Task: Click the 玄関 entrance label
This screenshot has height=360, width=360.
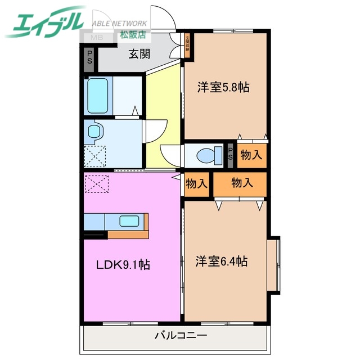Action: [x=139, y=54]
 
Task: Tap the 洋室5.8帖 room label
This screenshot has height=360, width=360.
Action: [x=223, y=87]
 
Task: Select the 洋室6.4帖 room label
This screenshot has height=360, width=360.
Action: [x=222, y=261]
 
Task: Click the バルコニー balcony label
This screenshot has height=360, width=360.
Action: [x=181, y=336]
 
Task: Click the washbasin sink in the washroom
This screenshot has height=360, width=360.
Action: [x=94, y=132]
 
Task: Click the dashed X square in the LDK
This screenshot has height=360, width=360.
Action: [x=95, y=183]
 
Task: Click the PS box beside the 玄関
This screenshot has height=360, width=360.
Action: [x=89, y=60]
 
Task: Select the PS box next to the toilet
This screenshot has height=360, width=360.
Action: [x=231, y=153]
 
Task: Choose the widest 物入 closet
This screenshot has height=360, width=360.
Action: [x=241, y=182]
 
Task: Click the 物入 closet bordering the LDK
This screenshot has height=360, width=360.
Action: [x=196, y=183]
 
